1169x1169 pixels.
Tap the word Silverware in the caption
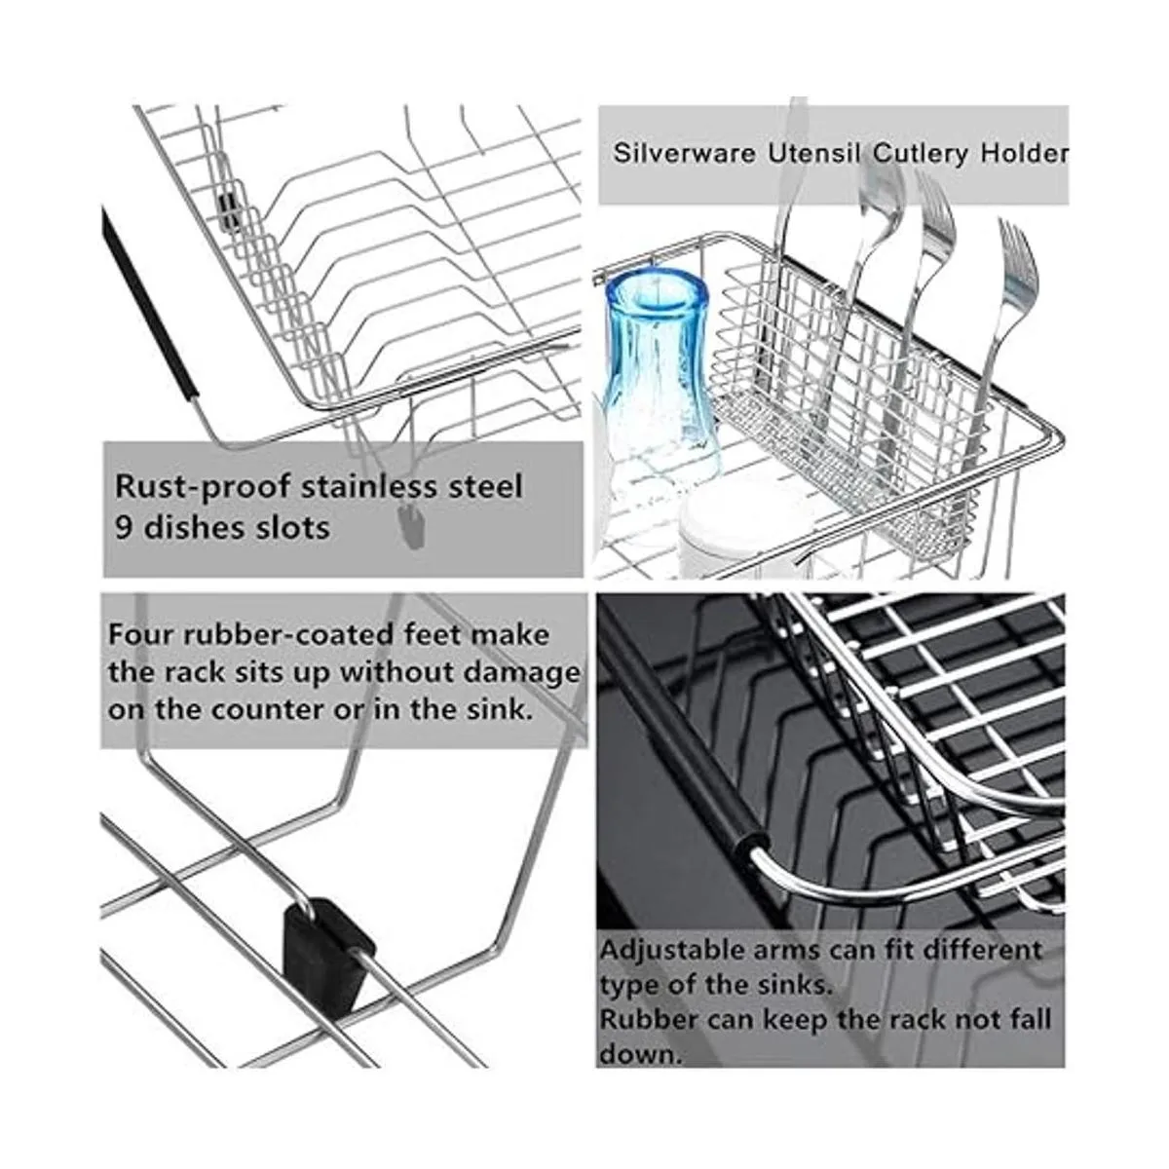[x=684, y=153]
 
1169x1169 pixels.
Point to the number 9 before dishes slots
[x=123, y=528]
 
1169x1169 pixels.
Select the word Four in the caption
[x=140, y=635]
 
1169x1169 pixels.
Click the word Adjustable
[x=673, y=950]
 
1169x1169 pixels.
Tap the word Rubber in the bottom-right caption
[x=648, y=1019]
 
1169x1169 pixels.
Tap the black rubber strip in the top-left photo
[x=149, y=302]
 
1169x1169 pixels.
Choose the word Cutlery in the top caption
[x=921, y=154]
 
